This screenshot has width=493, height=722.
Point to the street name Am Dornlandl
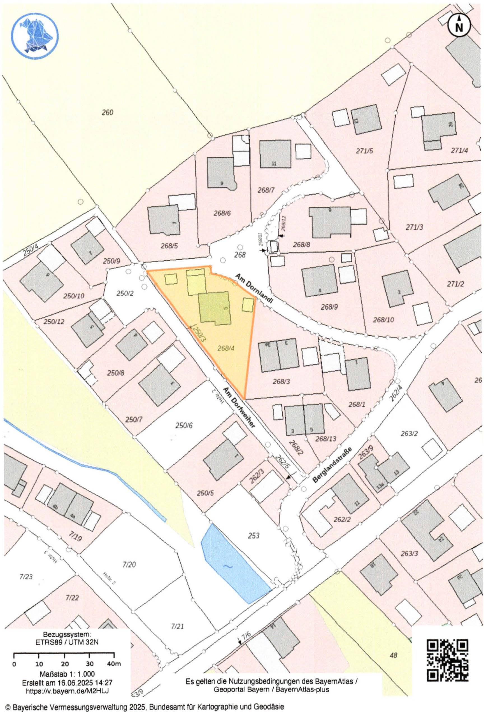[x=254, y=289]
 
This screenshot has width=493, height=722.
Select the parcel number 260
[x=108, y=113]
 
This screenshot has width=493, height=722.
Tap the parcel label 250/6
[x=184, y=425]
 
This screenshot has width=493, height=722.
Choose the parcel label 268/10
[x=383, y=320]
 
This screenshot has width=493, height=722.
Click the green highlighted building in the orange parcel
[x=215, y=308]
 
